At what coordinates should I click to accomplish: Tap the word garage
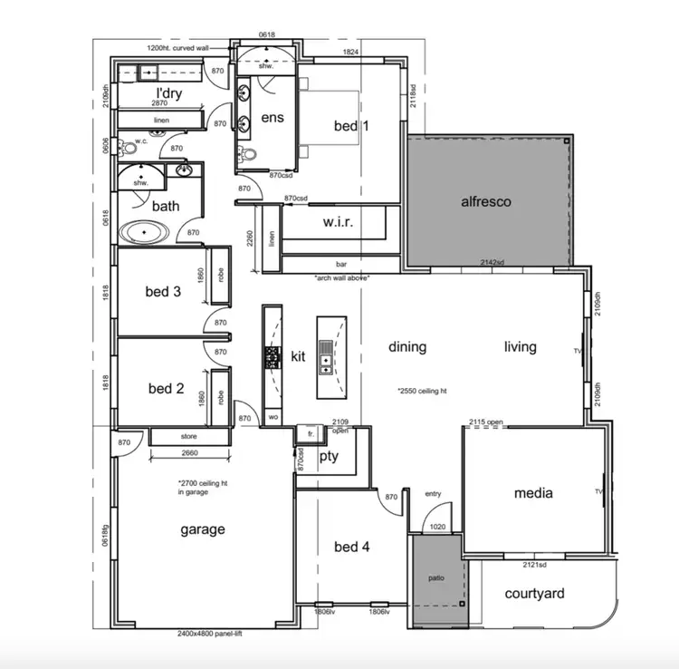pyautogui.click(x=202, y=529)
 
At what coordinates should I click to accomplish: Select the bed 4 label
pyautogui.click(x=351, y=547)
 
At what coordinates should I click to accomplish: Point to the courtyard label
pyautogui.click(x=534, y=594)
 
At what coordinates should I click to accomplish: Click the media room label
pyautogui.click(x=532, y=493)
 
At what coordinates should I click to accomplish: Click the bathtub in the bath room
pyautogui.click(x=146, y=233)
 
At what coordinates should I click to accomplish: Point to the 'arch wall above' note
pyautogui.click(x=341, y=278)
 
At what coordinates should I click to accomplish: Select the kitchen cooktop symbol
pyautogui.click(x=271, y=357)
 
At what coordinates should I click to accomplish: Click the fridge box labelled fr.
pyautogui.click(x=310, y=435)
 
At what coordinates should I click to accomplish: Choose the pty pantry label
pyautogui.click(x=329, y=456)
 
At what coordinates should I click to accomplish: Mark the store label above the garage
pyautogui.click(x=188, y=437)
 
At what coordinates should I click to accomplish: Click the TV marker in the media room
pyautogui.click(x=598, y=492)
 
